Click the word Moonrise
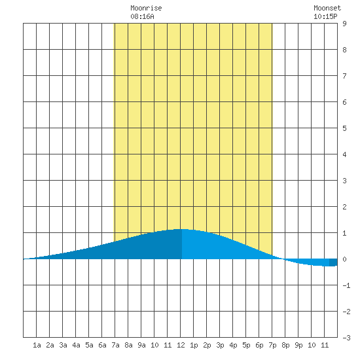[x=146, y=8]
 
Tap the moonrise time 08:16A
[x=142, y=16]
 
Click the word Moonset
[x=327, y=8]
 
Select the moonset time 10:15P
[x=325, y=16]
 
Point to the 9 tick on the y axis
[x=344, y=24]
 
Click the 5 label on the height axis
[x=344, y=128]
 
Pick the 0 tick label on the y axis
[x=344, y=259]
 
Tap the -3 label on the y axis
[x=346, y=338]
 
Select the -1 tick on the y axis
[x=346, y=285]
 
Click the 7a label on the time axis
[x=115, y=345]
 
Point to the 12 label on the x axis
[x=181, y=345]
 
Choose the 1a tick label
[x=37, y=345]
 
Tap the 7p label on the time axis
[x=272, y=345]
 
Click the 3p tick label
[x=220, y=345]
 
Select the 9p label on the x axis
[x=298, y=345]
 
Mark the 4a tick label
[x=76, y=345]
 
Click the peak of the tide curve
[x=181, y=229]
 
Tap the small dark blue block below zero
[x=333, y=262]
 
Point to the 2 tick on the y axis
[x=344, y=207]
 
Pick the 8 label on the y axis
[x=344, y=50]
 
